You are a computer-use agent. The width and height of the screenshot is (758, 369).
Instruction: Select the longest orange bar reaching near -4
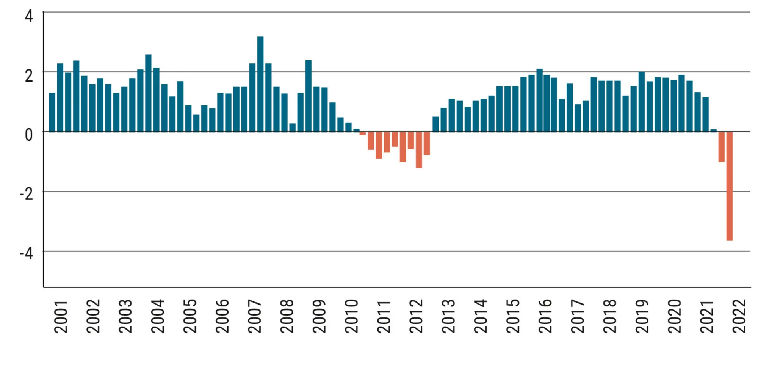[x=729, y=186]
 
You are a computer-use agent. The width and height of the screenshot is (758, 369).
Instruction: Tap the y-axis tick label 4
[x=29, y=17]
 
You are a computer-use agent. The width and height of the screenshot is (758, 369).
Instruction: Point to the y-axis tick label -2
[x=27, y=194]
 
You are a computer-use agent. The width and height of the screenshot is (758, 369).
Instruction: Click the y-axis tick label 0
[x=29, y=135]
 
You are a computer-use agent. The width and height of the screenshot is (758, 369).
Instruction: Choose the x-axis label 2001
[x=61, y=317]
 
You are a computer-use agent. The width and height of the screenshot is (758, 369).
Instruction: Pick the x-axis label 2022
[x=739, y=317]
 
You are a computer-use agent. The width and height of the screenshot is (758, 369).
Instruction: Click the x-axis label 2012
[x=416, y=317]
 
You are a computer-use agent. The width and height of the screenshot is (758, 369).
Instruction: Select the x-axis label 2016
[x=545, y=317]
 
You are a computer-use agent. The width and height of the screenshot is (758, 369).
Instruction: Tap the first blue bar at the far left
[x=52, y=112]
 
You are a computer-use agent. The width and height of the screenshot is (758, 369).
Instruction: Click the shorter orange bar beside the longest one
[x=721, y=147]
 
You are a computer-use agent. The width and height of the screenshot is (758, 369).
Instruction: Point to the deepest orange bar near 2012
[x=419, y=150]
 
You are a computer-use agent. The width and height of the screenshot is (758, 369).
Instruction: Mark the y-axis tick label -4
[x=27, y=253]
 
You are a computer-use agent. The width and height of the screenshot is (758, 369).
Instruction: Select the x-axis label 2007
[x=255, y=317]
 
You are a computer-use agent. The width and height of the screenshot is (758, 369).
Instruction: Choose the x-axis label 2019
[x=642, y=317]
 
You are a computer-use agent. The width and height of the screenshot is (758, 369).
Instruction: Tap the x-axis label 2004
[x=158, y=317]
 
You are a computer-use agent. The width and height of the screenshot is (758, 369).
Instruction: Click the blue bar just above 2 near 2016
[x=539, y=100]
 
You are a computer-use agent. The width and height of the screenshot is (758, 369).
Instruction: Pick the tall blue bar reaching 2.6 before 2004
[x=148, y=93]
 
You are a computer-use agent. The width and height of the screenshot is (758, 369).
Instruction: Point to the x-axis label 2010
[x=352, y=317]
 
